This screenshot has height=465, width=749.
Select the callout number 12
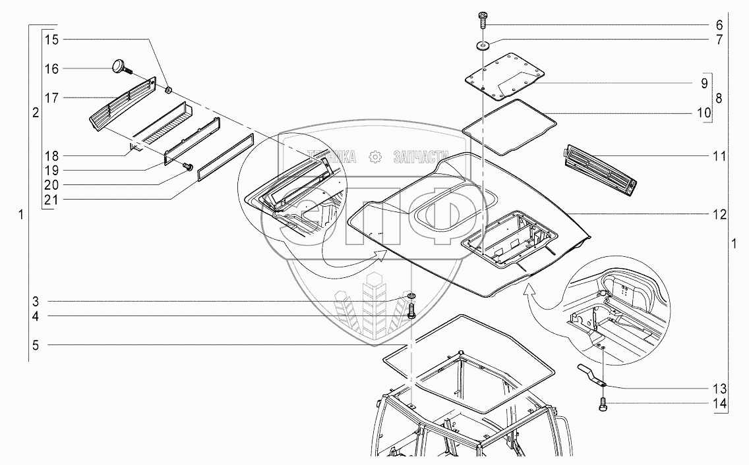tap(719, 215)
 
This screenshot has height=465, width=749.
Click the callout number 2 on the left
tap(35, 113)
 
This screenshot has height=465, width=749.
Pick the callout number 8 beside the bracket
tap(719, 98)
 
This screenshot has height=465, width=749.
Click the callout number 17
tap(51, 97)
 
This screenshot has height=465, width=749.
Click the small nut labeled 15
tap(168, 89)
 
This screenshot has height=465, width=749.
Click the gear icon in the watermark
tap(375, 157)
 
